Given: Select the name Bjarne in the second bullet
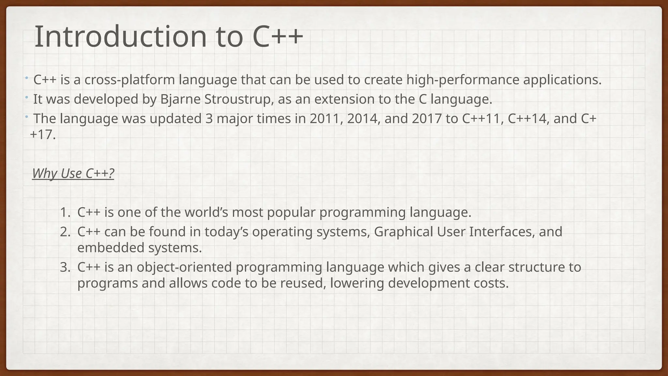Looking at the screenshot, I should (180, 99).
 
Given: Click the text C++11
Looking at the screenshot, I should (481, 118).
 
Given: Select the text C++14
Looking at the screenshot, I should (527, 118).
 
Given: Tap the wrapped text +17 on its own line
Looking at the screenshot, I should (42, 134).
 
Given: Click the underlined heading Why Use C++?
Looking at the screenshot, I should (73, 173).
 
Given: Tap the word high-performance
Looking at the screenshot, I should (463, 80).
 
